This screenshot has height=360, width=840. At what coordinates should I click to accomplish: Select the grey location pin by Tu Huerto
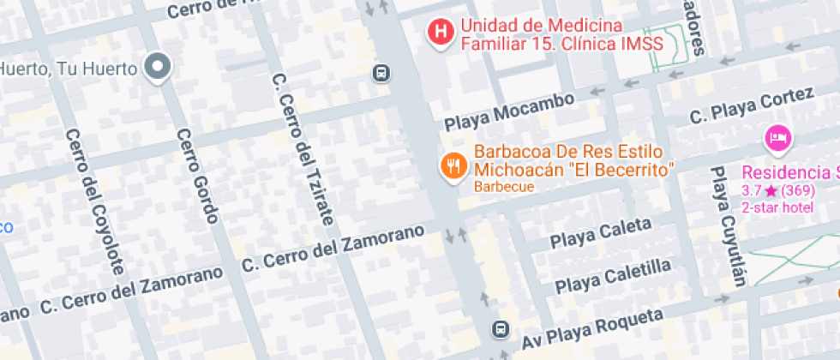(x=158, y=66)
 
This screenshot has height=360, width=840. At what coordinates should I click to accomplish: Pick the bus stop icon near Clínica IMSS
(x=380, y=74)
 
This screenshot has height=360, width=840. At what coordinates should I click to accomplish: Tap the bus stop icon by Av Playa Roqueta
(x=500, y=328)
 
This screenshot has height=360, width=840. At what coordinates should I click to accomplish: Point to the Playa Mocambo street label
(x=509, y=112)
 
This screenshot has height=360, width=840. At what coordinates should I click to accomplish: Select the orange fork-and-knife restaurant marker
(x=453, y=165)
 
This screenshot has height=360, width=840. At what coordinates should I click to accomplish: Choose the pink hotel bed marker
(x=778, y=136)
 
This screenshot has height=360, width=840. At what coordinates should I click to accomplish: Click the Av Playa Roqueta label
(x=592, y=331)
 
